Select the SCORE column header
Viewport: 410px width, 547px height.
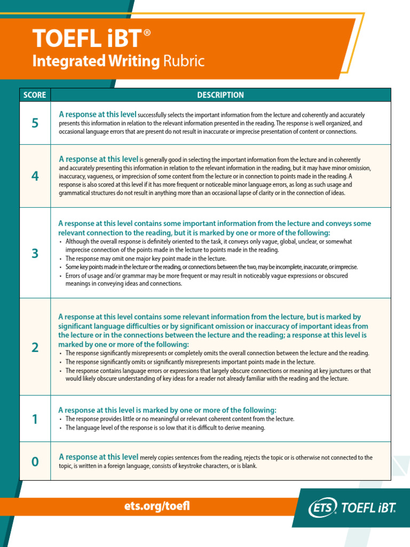35,95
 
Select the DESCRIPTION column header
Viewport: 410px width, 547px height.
220,95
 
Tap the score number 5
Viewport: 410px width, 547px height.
35,123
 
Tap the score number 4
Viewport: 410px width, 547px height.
35,176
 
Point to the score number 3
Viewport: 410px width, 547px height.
35,253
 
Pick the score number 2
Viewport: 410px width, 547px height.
35,347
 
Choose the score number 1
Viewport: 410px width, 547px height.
35,419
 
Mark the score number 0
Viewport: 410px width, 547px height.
35,462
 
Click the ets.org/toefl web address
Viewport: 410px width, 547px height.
156,506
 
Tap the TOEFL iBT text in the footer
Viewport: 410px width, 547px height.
368,508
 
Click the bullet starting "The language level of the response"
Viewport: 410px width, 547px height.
165,428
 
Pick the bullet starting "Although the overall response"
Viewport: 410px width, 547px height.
208,246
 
